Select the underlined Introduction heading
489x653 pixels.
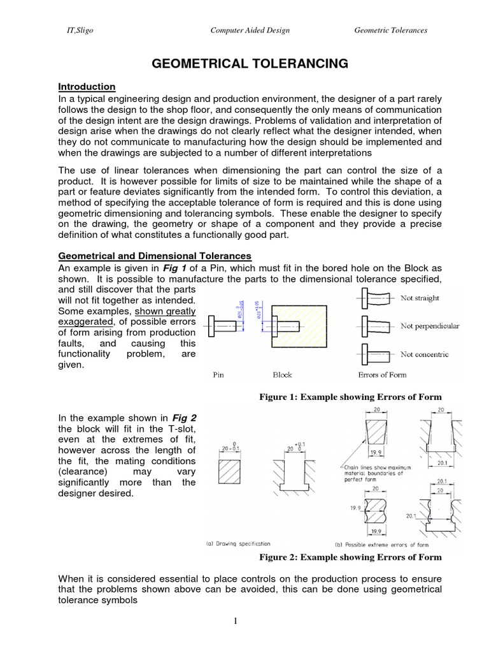click(87, 86)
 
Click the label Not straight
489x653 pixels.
click(419, 298)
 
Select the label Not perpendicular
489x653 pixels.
click(429, 326)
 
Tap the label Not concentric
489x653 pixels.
click(424, 354)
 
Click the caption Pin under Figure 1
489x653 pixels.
click(218, 375)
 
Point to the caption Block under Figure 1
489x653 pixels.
click(282, 375)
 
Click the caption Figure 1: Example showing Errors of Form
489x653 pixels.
click(350, 397)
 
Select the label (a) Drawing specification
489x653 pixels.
click(238, 544)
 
